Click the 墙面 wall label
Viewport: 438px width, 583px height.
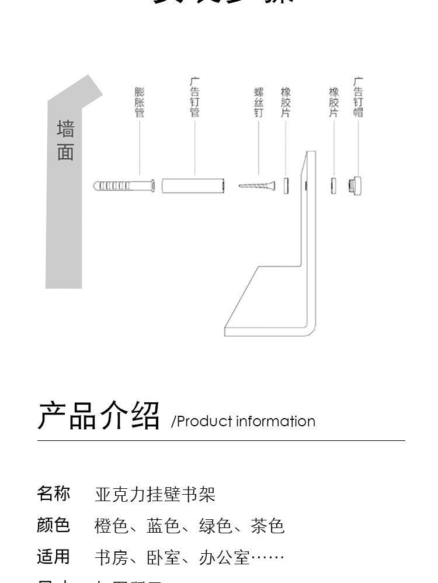(x=65, y=141)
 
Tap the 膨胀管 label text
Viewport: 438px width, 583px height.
(x=139, y=102)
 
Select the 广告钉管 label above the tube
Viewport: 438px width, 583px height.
(x=195, y=98)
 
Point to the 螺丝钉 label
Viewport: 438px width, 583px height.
(x=259, y=102)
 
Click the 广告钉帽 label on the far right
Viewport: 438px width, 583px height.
(x=358, y=98)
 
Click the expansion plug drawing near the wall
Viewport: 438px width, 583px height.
(x=124, y=186)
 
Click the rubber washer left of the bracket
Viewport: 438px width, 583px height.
(x=286, y=185)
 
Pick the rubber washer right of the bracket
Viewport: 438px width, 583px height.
(x=333, y=185)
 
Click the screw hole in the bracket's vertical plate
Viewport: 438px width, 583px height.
(x=306, y=185)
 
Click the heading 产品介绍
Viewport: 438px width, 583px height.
(x=99, y=416)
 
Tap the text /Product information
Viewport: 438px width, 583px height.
(x=243, y=422)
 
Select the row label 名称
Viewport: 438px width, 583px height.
(x=54, y=494)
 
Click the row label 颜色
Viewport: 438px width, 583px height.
(x=54, y=525)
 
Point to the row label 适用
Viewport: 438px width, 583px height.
(x=54, y=557)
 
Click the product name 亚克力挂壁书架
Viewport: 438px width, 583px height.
(x=155, y=495)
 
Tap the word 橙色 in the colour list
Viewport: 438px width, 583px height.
(x=112, y=526)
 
